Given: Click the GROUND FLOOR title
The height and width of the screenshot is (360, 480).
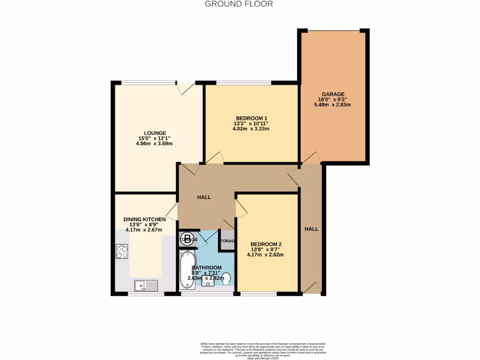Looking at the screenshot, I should click(239, 4).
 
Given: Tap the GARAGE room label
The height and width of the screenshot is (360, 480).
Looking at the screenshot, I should click(333, 94).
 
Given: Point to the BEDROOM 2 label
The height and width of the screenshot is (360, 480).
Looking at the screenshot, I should click(265, 244).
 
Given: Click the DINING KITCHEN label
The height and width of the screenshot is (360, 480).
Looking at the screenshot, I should click(144, 219).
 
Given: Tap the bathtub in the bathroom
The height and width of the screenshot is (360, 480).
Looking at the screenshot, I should click(187, 270).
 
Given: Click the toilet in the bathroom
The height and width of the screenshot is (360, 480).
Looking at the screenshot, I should click(226, 280).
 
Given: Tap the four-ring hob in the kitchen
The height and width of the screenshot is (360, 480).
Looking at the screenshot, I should click(122, 252).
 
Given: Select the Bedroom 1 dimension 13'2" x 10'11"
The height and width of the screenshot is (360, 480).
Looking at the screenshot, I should click(251, 123).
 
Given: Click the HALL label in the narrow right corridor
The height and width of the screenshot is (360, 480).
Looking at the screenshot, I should click(311, 229).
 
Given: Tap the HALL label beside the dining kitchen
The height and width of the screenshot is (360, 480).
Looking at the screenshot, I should click(203, 197).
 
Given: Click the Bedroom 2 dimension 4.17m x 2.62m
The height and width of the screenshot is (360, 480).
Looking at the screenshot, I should click(265, 255).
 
